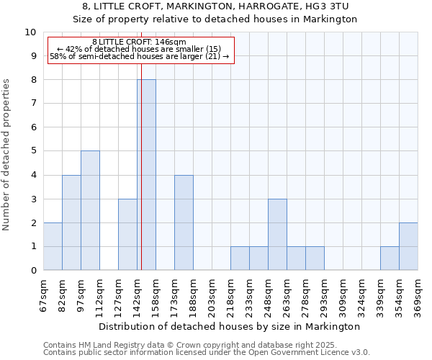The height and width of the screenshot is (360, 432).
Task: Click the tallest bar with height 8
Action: (x=146, y=175)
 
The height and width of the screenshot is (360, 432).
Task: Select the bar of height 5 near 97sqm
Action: (x=90, y=210)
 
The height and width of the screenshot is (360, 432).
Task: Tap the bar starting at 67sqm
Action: (x=53, y=246)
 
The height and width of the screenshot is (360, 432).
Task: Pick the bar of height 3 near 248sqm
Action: (x=277, y=235)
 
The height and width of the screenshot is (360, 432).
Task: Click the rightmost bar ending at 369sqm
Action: (x=408, y=246)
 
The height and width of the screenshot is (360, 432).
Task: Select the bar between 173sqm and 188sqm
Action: (x=184, y=222)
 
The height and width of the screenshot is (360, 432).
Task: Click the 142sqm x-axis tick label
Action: (x=137, y=294)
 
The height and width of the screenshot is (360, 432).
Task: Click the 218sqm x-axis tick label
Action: (x=230, y=294)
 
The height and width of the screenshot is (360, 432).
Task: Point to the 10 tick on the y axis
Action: (x=30, y=32)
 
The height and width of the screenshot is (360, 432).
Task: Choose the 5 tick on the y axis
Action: (x=33, y=151)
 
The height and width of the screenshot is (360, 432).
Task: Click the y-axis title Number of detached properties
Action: (x=7, y=155)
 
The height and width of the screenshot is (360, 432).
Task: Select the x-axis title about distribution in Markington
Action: (x=230, y=327)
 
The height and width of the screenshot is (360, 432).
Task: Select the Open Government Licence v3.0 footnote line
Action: (x=207, y=353)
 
